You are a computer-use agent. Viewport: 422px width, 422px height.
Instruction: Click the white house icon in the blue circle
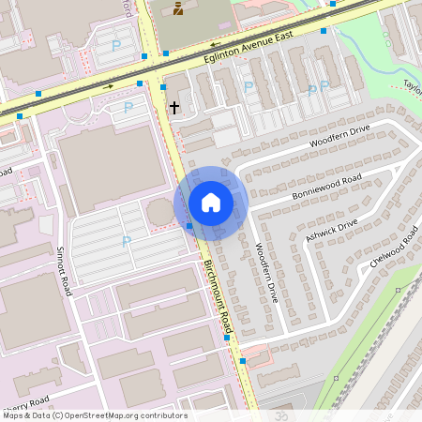211,203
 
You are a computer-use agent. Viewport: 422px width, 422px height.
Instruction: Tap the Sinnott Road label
64,272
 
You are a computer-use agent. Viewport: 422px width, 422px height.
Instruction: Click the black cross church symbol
173,108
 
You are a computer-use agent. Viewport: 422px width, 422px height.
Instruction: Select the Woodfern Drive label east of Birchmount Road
267,272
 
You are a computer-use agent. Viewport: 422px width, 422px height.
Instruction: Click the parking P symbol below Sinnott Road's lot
126,242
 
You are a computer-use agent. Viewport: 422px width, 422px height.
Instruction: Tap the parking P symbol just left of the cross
128,108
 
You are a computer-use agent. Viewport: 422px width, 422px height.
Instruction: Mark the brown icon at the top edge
179,9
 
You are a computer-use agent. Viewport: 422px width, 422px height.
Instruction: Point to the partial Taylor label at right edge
412,83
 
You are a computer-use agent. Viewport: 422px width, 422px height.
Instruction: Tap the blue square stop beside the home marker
189,226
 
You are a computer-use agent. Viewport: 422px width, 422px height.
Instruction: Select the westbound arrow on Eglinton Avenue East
215,43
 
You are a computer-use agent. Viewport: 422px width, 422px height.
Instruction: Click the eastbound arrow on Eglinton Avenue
109,86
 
